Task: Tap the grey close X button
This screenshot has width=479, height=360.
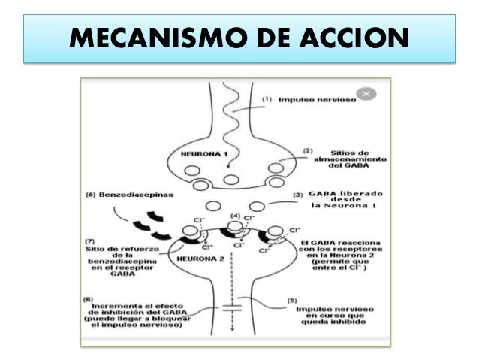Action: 366,94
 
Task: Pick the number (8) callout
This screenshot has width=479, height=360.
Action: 89,298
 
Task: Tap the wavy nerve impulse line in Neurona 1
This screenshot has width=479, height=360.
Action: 233,113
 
